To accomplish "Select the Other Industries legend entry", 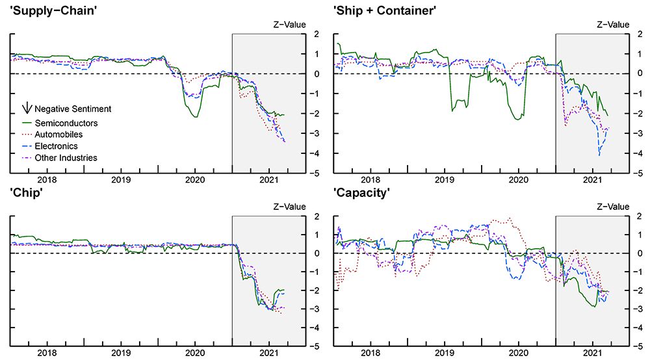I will tap(66, 158).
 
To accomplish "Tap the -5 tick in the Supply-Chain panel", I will tap(313, 174).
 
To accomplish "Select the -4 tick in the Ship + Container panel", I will tap(636, 153).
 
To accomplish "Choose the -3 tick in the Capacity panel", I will tap(636, 309).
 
